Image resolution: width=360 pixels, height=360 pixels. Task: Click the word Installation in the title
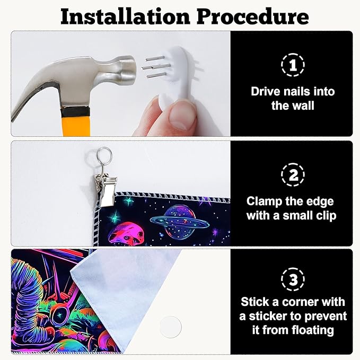(125, 16)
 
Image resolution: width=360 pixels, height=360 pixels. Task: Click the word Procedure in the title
(253, 17)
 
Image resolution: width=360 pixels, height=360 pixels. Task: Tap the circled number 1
(293, 65)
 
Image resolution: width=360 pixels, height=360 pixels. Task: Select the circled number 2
(293, 175)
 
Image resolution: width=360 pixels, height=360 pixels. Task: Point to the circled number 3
(293, 279)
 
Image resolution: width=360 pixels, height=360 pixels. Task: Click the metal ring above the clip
(104, 155)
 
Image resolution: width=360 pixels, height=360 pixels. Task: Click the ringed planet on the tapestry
(180, 221)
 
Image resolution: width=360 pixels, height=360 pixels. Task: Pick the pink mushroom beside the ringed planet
(126, 234)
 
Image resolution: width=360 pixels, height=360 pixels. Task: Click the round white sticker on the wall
(171, 327)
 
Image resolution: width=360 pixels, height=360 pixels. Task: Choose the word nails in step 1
(297, 92)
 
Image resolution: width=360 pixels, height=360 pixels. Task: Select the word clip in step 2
(327, 216)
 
